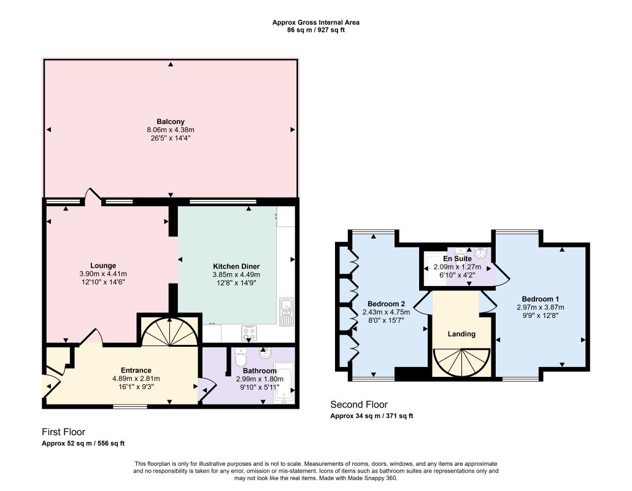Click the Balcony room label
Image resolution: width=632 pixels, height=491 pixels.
point(171,122)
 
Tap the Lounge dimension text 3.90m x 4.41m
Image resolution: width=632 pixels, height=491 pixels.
point(103,274)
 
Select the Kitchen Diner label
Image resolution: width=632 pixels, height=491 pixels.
point(236,266)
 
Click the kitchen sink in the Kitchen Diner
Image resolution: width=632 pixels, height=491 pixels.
point(286,311)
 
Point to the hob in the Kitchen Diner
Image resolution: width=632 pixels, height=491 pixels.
point(249,333)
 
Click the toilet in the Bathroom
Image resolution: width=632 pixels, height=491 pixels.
point(241,355)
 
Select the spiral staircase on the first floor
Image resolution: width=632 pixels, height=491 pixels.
point(170,331)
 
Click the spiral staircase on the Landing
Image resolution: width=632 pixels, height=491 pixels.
point(461,362)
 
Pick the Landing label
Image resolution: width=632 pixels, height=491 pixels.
point(461,334)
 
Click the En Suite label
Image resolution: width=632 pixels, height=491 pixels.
point(457,259)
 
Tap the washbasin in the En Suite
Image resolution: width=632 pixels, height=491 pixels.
point(481,253)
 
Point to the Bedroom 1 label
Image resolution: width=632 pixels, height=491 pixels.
point(540,299)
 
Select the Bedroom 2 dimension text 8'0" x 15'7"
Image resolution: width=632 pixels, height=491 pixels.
point(386,320)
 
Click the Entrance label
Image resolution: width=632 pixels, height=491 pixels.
point(136,371)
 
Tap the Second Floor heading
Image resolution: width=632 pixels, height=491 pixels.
point(359,404)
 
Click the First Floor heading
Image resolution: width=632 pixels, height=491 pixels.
point(63,431)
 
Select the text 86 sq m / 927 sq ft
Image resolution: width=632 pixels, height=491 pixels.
point(315,30)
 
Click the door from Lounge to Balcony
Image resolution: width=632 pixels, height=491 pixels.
point(93,196)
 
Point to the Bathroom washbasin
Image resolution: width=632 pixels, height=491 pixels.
point(265,354)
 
